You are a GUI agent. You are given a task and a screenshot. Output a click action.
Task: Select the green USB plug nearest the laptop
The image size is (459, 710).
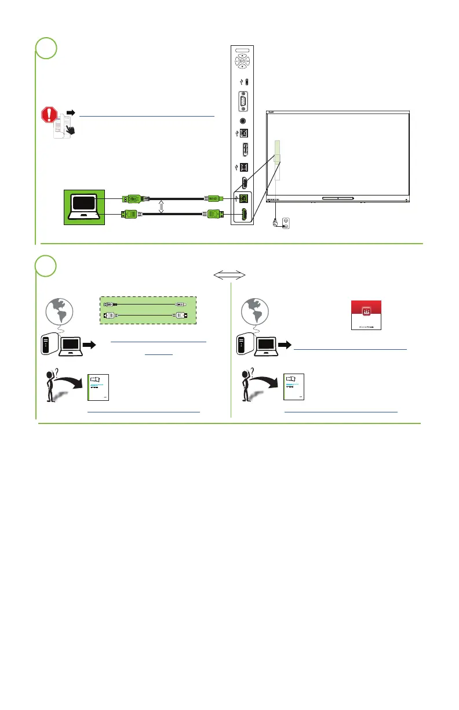[131, 198]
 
